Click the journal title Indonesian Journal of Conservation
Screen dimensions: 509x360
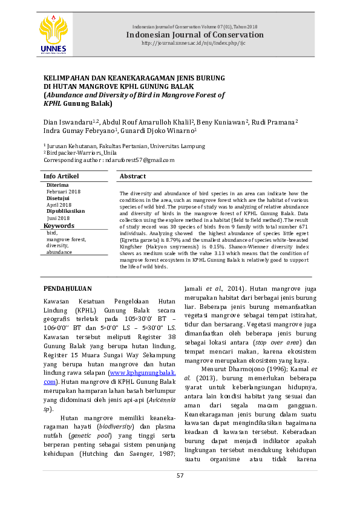194,35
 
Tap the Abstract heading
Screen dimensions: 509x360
133,176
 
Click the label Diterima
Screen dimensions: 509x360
57,185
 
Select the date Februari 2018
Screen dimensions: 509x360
64,192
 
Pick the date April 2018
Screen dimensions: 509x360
59,205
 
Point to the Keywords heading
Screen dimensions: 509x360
59,226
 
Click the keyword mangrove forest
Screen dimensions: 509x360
66,239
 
